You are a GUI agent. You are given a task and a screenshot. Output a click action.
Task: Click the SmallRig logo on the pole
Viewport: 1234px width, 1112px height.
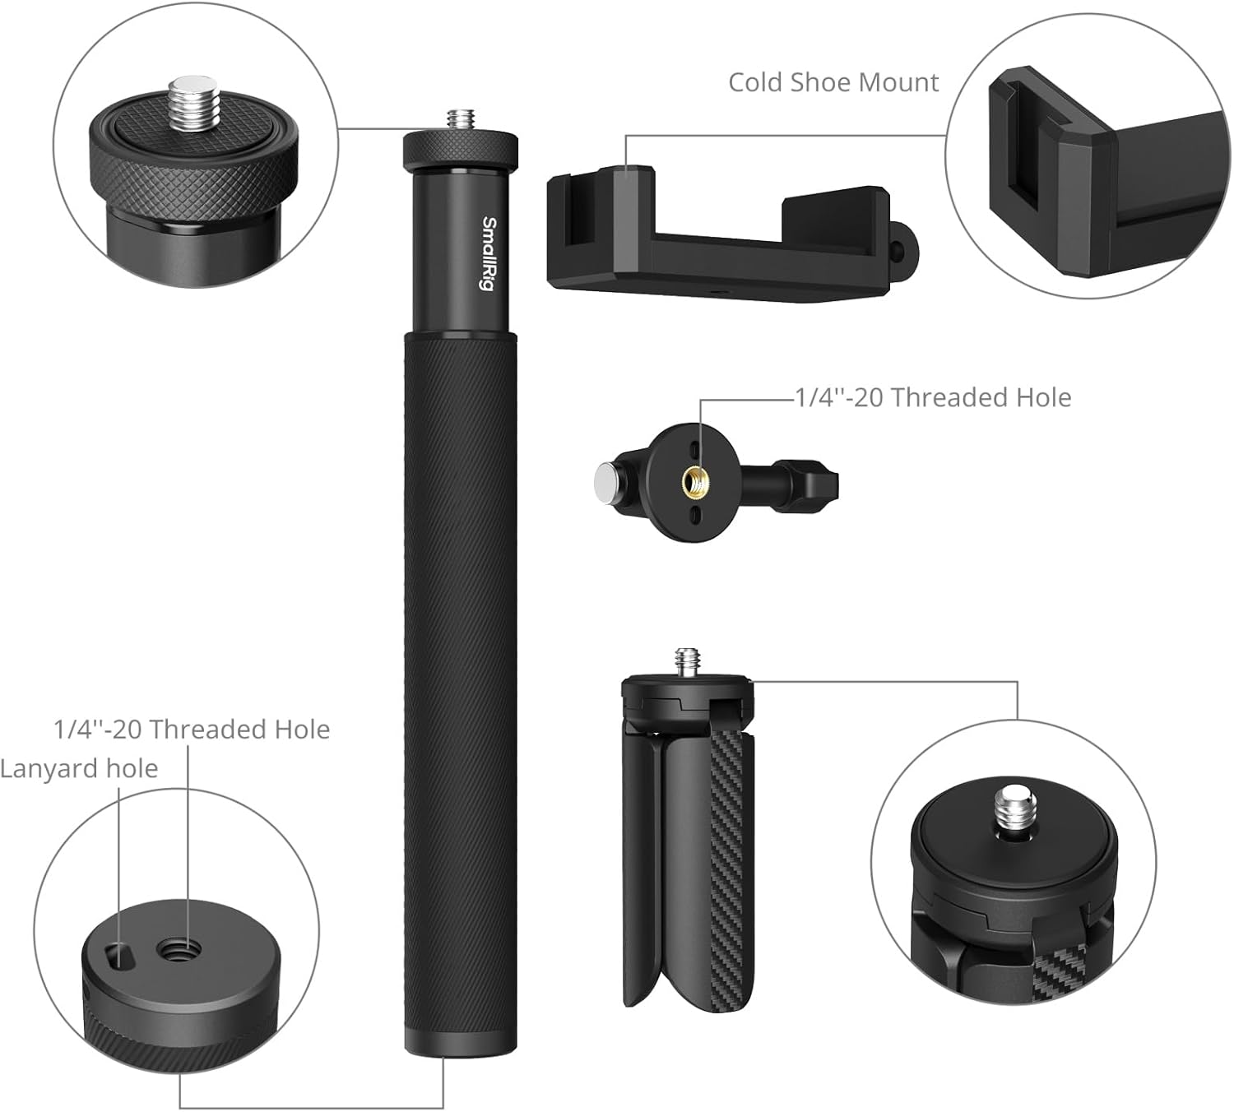coord(489,253)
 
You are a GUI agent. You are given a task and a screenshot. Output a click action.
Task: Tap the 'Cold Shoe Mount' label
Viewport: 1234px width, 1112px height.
coord(833,82)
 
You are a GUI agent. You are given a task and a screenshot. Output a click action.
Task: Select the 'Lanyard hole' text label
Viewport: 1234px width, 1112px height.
coord(79,769)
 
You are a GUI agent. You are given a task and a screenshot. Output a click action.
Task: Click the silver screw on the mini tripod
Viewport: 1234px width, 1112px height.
coord(688,662)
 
